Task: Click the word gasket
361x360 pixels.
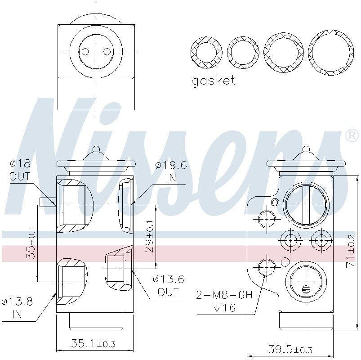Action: point(213,81)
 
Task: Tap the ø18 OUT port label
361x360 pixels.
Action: point(20,170)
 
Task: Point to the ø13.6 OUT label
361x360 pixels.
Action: point(168,285)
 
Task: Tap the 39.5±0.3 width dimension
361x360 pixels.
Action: point(290,349)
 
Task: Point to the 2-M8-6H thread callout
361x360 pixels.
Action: point(224,295)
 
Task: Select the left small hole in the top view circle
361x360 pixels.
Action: point(84,52)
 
